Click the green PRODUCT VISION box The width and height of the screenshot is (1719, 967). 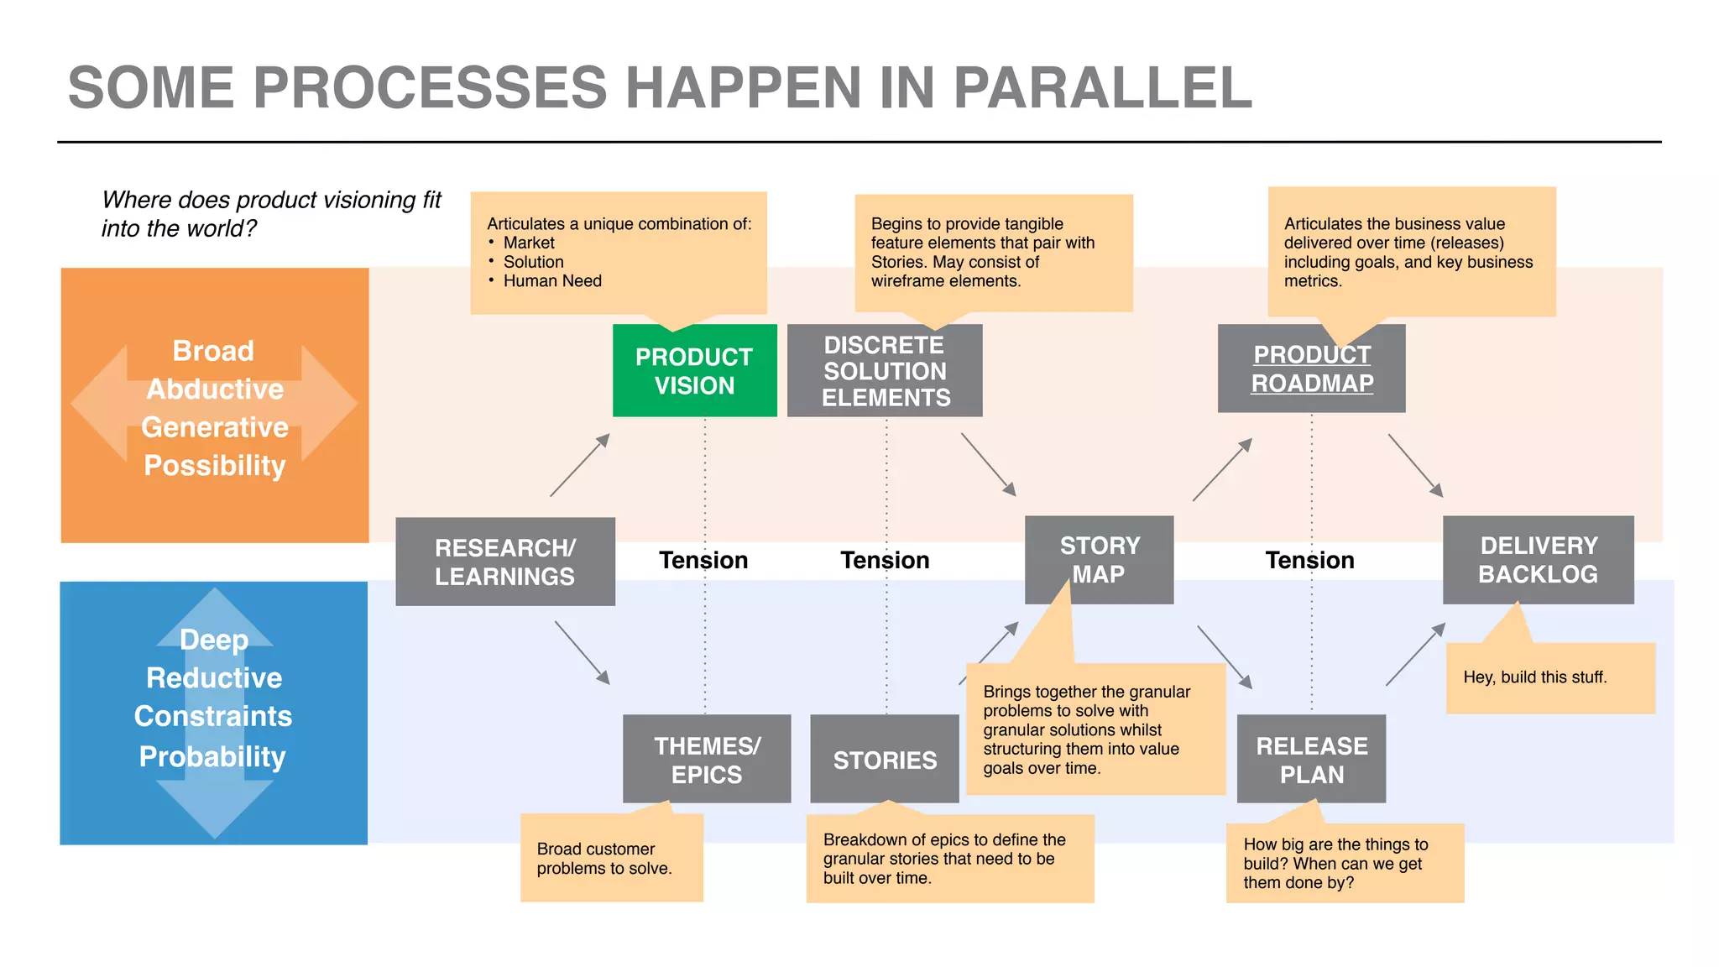(x=694, y=371)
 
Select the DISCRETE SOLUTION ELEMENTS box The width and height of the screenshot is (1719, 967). (x=885, y=371)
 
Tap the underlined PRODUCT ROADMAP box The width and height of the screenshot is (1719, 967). (x=1311, y=369)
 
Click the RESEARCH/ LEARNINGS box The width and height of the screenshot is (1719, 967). (x=504, y=562)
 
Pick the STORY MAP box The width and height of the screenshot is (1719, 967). (x=1099, y=560)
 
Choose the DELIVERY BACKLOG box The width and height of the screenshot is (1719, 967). (x=1538, y=560)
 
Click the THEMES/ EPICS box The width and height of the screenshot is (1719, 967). (x=707, y=759)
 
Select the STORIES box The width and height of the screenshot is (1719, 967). (x=884, y=760)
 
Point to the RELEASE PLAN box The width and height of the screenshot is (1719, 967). (x=1311, y=759)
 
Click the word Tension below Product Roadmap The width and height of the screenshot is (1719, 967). (x=1309, y=560)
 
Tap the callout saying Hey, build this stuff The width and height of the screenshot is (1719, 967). (x=1549, y=678)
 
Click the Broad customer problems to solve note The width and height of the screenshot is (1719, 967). (x=611, y=859)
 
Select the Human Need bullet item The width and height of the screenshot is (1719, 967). (x=552, y=281)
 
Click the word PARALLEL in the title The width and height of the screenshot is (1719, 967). (x=1102, y=88)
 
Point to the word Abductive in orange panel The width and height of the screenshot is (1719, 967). (x=215, y=389)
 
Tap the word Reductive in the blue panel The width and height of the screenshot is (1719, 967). (x=214, y=677)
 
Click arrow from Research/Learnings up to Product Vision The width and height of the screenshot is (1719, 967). (x=580, y=465)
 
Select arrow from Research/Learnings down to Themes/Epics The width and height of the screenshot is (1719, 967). (x=583, y=653)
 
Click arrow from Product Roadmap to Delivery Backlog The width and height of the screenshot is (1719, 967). (x=1415, y=465)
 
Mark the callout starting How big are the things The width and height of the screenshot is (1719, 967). (x=1344, y=863)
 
